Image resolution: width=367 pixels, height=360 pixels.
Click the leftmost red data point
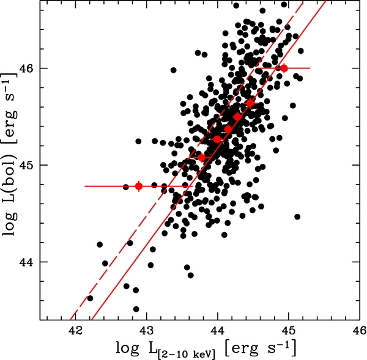(x=139, y=186)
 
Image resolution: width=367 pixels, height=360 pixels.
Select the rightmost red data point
(x=283, y=68)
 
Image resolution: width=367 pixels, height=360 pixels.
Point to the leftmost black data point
(x=90, y=298)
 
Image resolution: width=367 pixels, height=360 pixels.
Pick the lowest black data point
(x=136, y=309)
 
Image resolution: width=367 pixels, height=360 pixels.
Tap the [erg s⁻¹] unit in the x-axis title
(x=261, y=347)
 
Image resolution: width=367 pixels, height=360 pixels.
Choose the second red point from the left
(x=202, y=158)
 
